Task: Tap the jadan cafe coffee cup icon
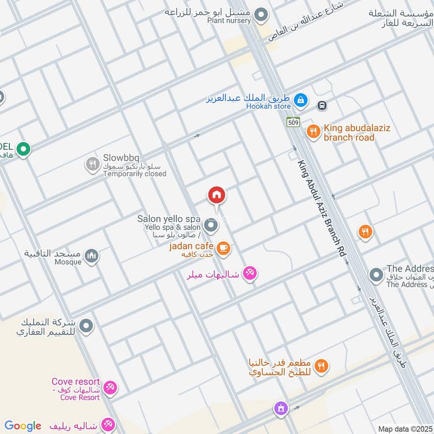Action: (223, 248)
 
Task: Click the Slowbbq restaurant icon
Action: (92, 163)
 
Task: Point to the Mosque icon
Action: (92, 255)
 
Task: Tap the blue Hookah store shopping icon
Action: (300, 100)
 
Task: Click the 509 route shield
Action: (293, 122)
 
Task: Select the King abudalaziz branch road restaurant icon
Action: (313, 131)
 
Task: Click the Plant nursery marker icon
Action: (261, 15)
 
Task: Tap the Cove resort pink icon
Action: (110, 387)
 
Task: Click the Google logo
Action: (23, 426)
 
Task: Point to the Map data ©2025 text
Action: (405, 429)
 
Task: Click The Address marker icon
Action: (375, 275)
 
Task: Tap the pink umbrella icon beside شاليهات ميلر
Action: (249, 273)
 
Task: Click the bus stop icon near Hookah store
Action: (322, 105)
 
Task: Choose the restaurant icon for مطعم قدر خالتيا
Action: (322, 367)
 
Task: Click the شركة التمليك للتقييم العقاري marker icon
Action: (86, 326)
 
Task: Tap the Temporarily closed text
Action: (135, 174)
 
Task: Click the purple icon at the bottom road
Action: (280, 407)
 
